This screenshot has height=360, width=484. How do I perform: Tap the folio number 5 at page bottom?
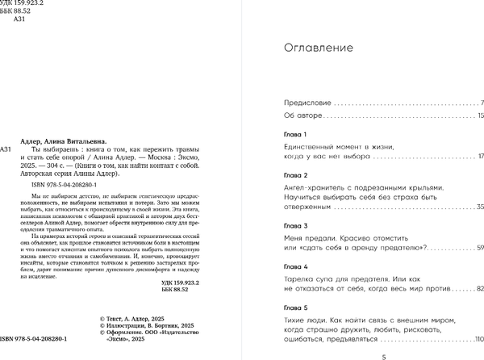click(x=383, y=355)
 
